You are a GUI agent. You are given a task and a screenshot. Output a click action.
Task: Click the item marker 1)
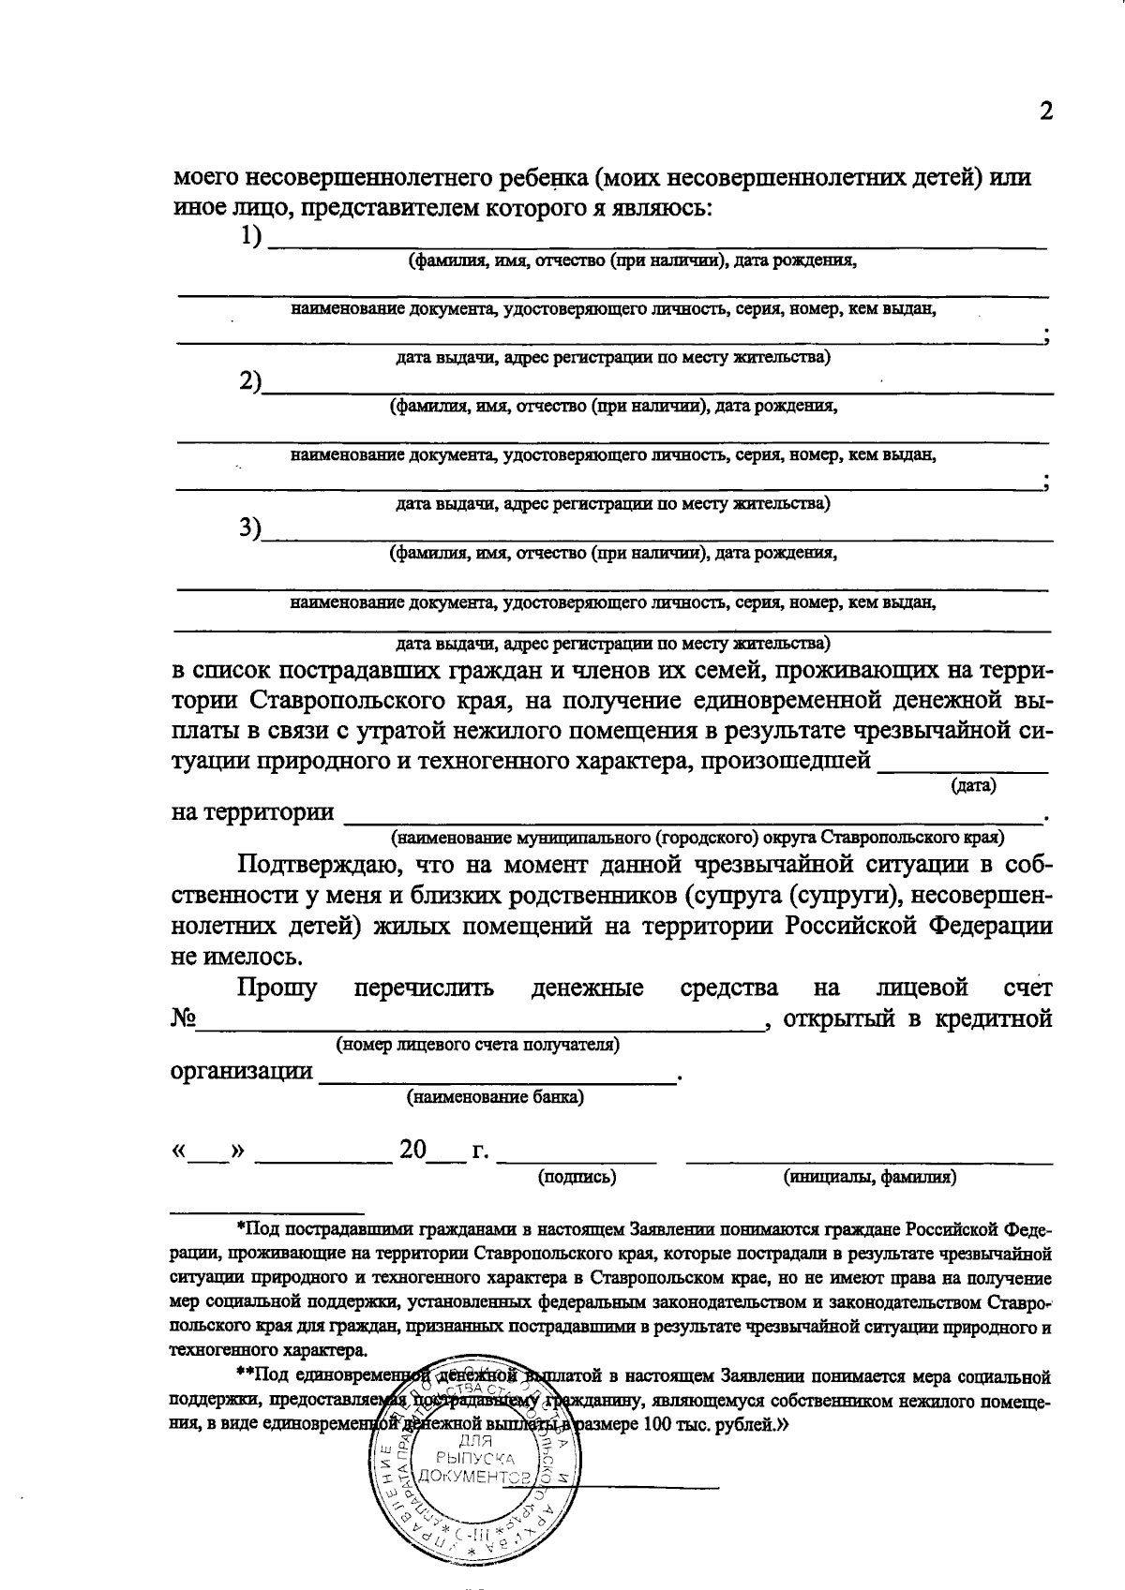250,237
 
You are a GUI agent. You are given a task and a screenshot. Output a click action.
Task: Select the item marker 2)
249,382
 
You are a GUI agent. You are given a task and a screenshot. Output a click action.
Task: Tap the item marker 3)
249,528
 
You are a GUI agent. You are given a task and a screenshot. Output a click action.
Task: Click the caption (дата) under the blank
973,785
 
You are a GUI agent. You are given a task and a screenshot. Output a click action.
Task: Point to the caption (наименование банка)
495,1096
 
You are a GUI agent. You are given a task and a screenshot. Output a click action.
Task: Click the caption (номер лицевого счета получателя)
477,1044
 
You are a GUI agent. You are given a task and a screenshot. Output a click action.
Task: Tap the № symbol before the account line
183,1018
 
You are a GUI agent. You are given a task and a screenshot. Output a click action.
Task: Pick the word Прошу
277,988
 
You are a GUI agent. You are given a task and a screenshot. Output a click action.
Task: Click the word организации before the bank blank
241,1071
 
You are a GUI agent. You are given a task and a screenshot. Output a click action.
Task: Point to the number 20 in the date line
412,1150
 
